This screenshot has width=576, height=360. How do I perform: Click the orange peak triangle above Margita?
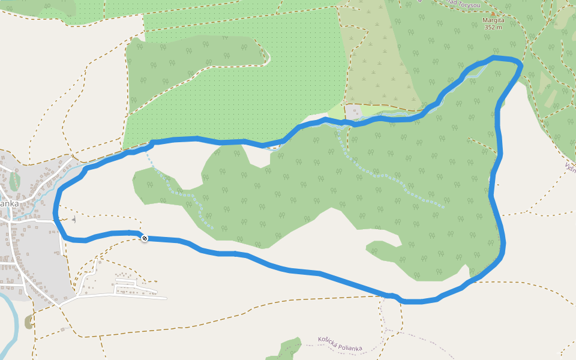coord(493,13)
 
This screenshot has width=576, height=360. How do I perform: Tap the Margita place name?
coord(493,20)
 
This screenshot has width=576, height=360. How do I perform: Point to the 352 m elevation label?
coord(493,27)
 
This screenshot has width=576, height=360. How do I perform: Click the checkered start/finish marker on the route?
coord(144,238)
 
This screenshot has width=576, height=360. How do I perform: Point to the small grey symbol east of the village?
coord(74,220)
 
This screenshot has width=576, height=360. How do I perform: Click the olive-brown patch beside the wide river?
coord(29,322)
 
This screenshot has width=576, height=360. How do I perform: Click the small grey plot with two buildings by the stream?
coord(353,111)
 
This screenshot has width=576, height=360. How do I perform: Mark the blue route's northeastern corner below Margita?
coord(520,62)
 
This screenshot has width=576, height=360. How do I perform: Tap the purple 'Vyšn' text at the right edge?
coord(569,166)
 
